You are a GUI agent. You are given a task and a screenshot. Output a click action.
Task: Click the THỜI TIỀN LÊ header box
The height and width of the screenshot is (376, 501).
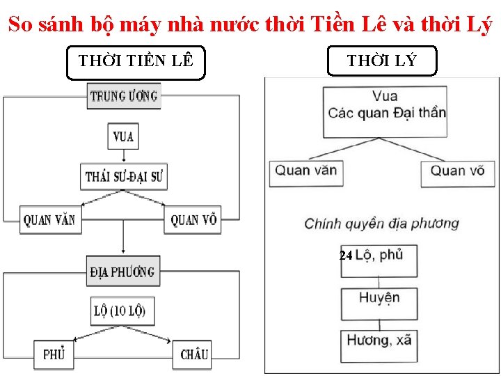pyautogui.click(x=136, y=62)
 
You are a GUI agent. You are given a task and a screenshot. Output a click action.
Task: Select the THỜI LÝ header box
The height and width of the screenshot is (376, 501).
pyautogui.click(x=382, y=61)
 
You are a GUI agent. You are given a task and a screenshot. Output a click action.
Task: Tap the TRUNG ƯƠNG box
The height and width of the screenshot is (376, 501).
pyautogui.click(x=124, y=96)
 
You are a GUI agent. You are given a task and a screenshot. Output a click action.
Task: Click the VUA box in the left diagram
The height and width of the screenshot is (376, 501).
pyautogui.click(x=123, y=136)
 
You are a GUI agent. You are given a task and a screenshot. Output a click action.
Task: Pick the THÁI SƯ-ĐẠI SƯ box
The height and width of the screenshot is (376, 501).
pyautogui.click(x=124, y=176)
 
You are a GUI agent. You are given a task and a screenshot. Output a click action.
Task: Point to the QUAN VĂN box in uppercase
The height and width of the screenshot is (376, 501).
pyautogui.click(x=49, y=220)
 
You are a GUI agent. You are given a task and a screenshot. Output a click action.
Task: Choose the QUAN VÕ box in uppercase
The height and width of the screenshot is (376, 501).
pyautogui.click(x=193, y=220)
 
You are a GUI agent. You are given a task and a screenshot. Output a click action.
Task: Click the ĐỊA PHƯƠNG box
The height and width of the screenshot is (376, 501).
pyautogui.click(x=123, y=272)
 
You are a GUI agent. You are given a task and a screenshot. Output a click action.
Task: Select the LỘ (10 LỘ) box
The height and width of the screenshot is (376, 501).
pyautogui.click(x=124, y=311)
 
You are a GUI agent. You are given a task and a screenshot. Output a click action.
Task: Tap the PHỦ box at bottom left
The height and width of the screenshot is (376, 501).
pyautogui.click(x=54, y=354)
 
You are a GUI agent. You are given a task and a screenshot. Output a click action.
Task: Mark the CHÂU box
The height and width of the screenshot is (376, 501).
pyautogui.click(x=194, y=354)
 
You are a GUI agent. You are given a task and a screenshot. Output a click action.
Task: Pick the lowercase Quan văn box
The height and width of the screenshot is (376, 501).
pyautogui.click(x=306, y=171)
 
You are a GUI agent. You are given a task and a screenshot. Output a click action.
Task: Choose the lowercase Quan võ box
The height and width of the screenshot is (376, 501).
pyautogui.click(x=457, y=171)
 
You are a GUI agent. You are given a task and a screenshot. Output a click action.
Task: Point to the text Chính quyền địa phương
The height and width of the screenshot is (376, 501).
pyautogui.click(x=381, y=224)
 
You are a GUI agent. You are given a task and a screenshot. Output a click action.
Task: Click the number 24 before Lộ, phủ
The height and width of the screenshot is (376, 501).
pyautogui.click(x=346, y=256)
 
